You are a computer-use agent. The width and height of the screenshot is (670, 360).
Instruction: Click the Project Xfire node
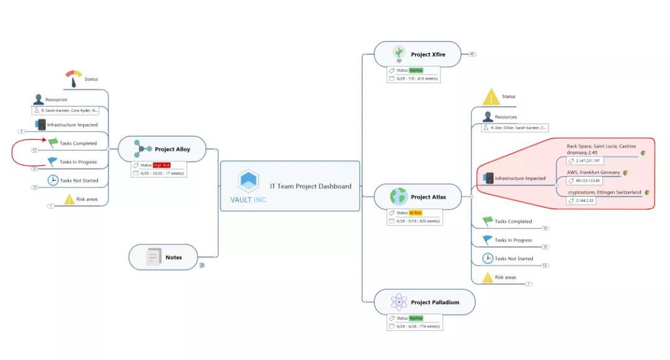pos(427,55)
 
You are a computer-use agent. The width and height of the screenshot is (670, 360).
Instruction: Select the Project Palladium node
pos(434,302)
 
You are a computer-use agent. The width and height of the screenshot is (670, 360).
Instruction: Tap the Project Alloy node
pos(172,149)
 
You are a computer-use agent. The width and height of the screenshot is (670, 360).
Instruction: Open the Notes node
pos(173,257)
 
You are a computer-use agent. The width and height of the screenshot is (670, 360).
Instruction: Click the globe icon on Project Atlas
pos(398,197)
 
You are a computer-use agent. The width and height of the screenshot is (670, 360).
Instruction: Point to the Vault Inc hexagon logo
pos(248,181)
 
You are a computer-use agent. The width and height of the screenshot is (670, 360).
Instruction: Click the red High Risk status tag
pos(161,165)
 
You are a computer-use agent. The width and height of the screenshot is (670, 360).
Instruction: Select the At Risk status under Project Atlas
pos(415,213)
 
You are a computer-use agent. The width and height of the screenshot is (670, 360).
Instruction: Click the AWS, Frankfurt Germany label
pos(593,173)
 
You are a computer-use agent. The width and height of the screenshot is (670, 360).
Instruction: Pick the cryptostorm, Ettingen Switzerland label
pos(604,192)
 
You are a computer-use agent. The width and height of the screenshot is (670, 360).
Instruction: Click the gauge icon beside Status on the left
pos(74,78)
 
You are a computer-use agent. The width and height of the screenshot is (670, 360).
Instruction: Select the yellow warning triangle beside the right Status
pos(491,97)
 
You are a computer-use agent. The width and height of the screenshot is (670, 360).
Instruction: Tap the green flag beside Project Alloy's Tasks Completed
pos(53,143)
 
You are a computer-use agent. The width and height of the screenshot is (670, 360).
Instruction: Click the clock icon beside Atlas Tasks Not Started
pos(488,258)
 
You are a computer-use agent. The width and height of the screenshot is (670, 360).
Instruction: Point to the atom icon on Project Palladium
pos(398,302)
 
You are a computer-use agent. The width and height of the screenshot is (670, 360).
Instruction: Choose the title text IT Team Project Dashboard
pos(310,186)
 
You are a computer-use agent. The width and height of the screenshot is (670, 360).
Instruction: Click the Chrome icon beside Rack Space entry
pos(643,153)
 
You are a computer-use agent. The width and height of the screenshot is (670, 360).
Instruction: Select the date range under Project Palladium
pos(418,326)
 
